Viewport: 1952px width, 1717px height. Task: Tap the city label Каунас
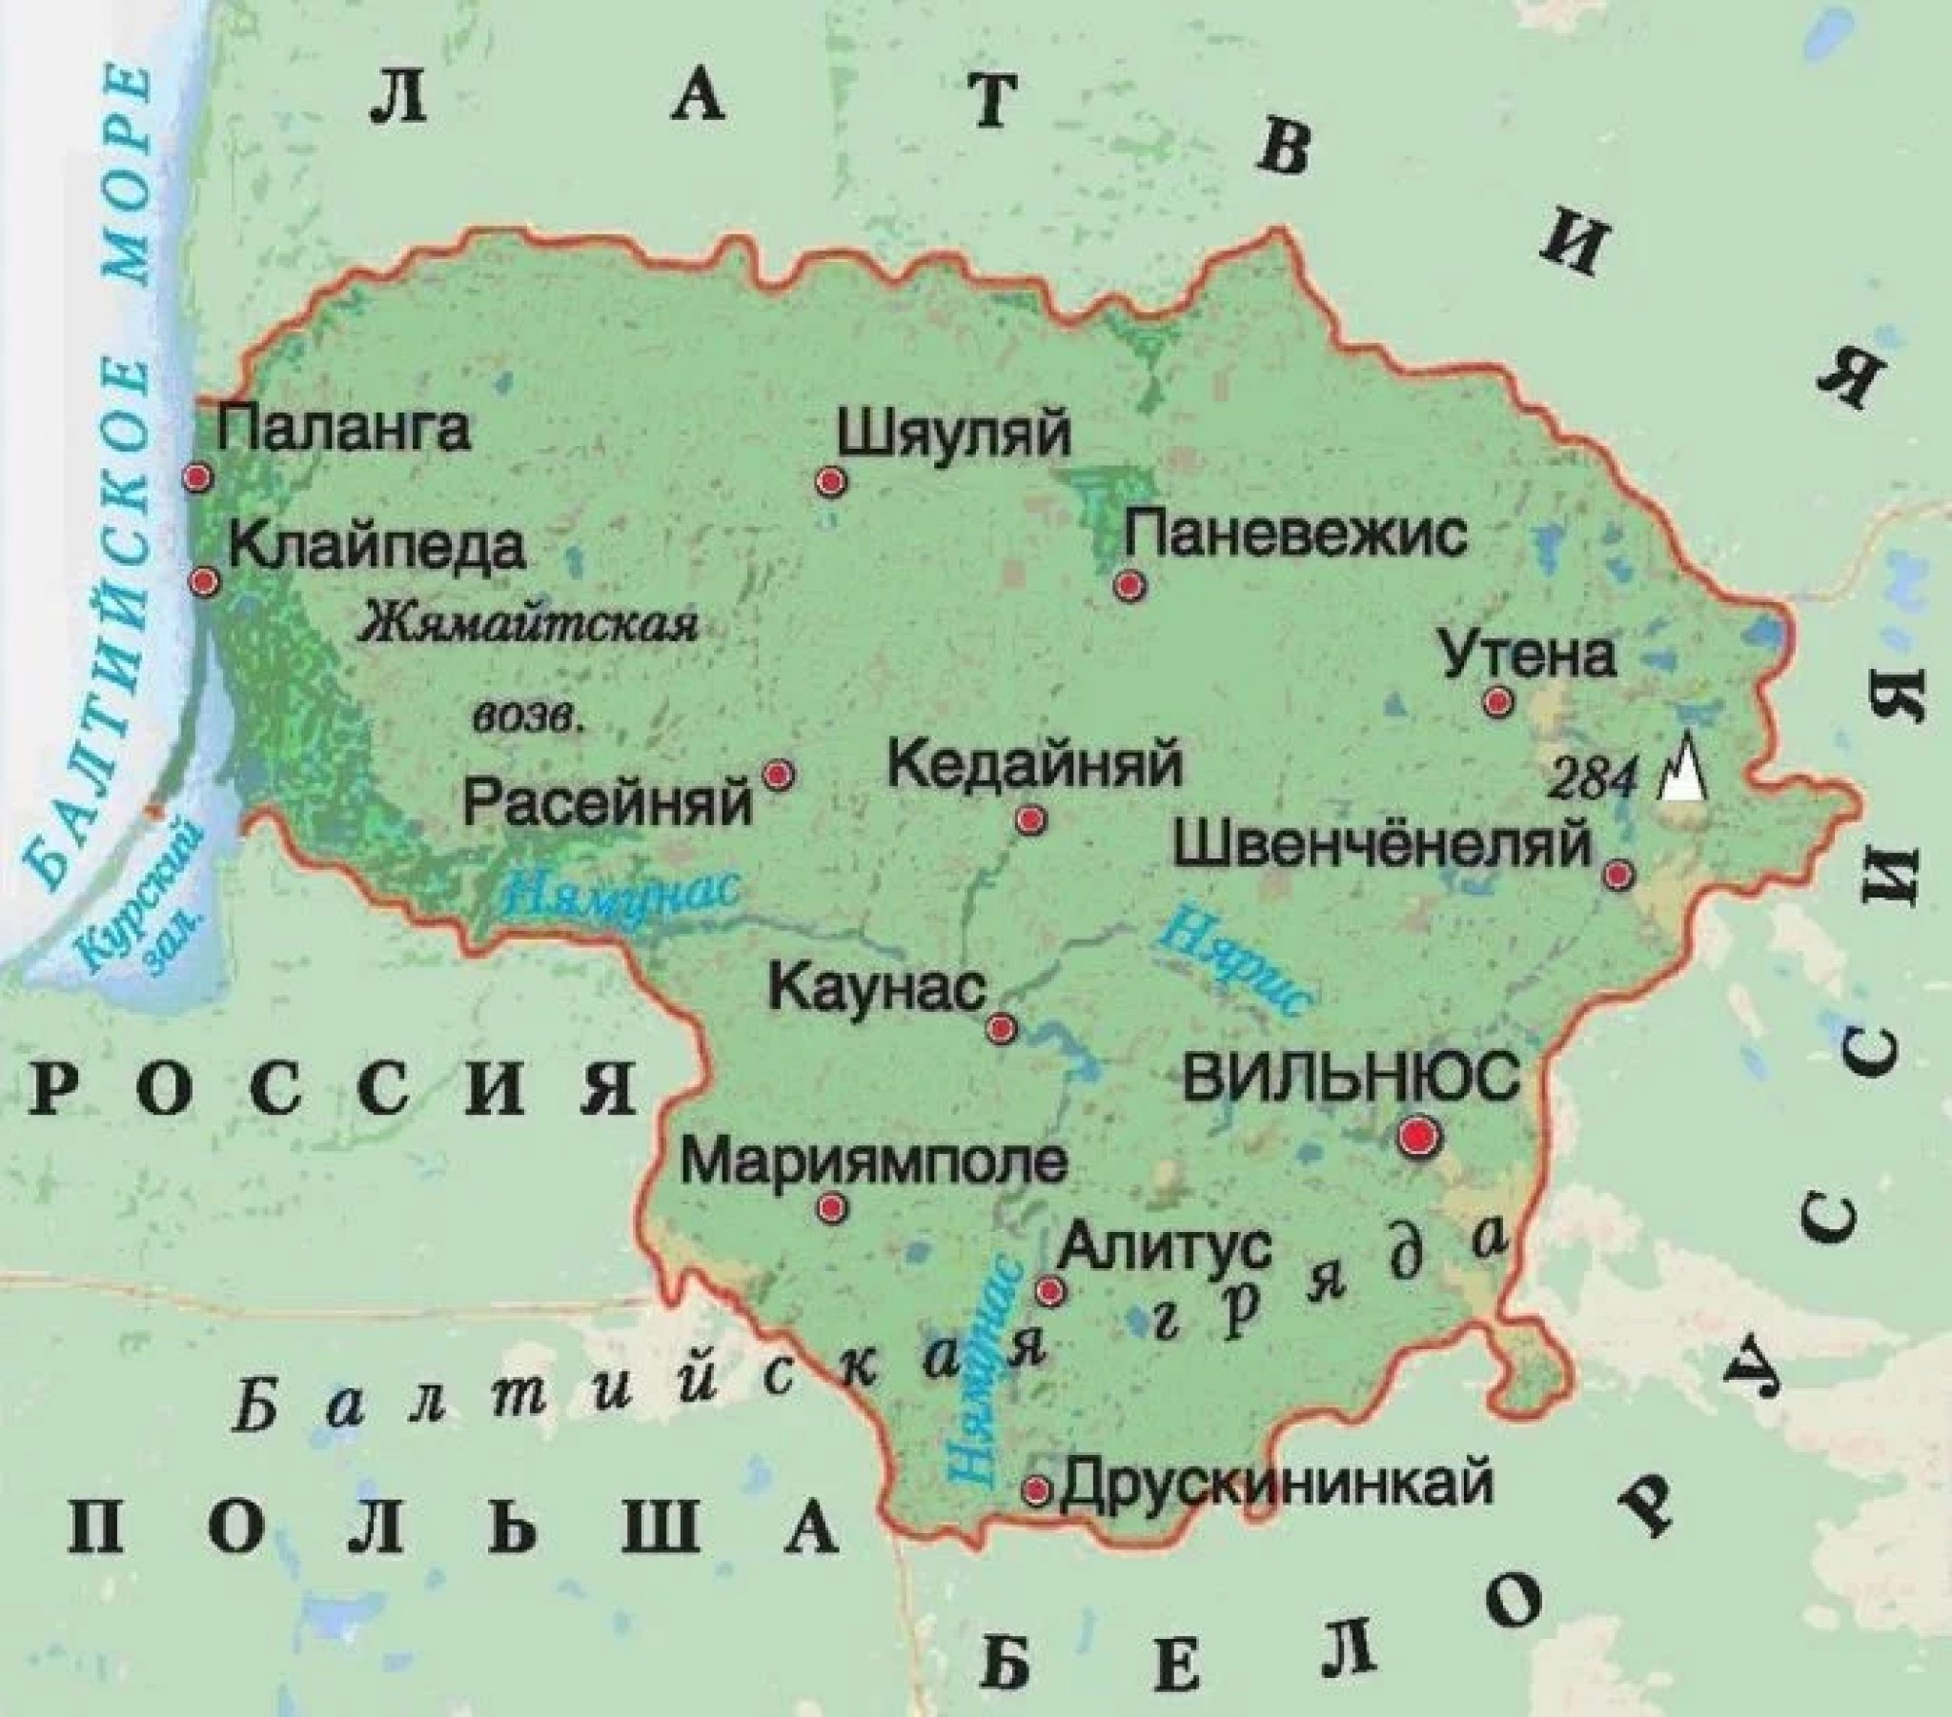[x=878, y=987]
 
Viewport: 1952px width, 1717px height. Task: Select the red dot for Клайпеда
[x=204, y=580]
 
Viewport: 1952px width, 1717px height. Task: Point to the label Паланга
[x=344, y=429]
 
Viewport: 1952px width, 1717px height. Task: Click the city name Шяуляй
[x=954, y=435]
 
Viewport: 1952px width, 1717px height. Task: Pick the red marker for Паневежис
[x=1128, y=584]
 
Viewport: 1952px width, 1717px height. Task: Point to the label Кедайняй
[x=1035, y=765]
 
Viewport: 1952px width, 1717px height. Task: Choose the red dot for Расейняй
[x=780, y=775]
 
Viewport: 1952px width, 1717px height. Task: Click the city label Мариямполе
[x=874, y=1162]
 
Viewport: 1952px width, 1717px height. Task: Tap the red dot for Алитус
[x=1050, y=1291]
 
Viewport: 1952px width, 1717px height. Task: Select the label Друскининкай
[x=1277, y=1484]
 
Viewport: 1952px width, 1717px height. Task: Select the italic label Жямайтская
[x=529, y=625]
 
